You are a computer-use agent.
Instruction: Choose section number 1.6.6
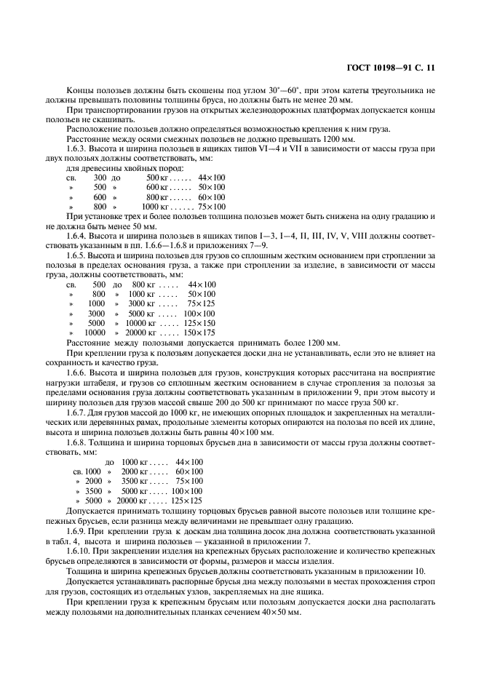point(78,373)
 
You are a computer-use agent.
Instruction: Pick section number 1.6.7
point(78,412)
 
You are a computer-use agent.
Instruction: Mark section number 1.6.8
point(78,442)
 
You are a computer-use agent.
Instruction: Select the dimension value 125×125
point(186,501)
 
